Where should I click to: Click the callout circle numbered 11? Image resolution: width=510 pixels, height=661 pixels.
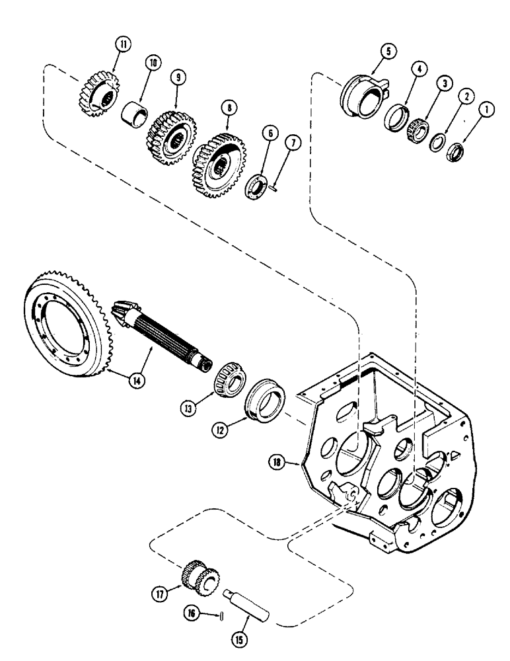[122, 44]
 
